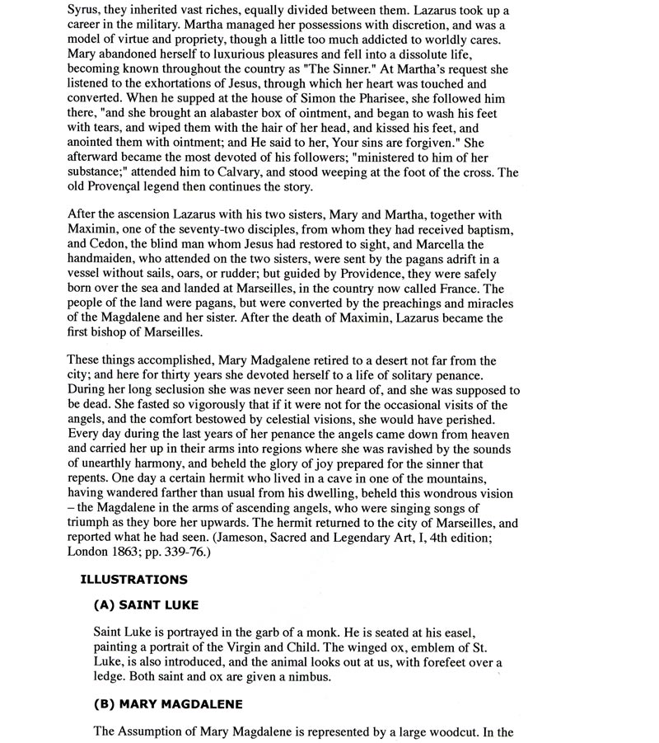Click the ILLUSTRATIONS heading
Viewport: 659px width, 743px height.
tap(133, 580)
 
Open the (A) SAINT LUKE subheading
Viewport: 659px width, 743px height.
tap(146, 605)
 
